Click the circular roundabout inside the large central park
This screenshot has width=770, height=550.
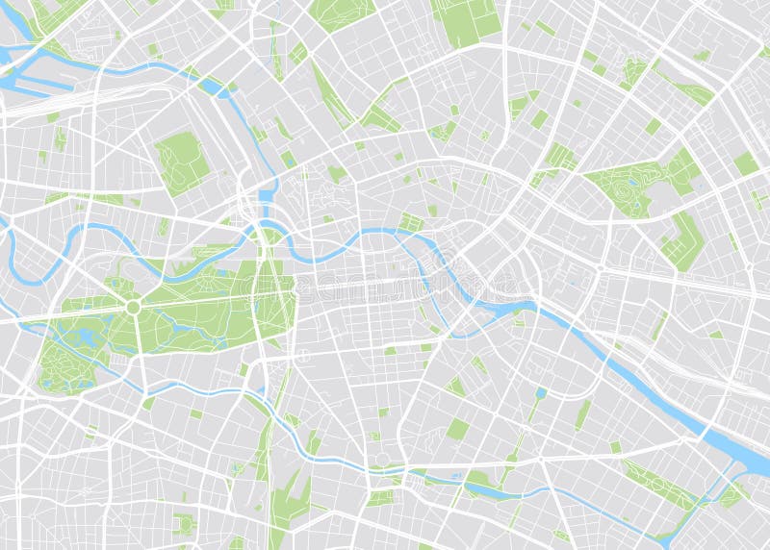tap(133, 306)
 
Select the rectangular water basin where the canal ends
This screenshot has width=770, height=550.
tap(266, 197)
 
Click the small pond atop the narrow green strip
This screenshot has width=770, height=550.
tap(541, 392)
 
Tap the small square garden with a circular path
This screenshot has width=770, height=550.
tap(411, 223)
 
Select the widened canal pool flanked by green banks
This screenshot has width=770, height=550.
tap(481, 485)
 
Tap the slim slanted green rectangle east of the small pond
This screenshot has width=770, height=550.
tap(583, 413)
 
